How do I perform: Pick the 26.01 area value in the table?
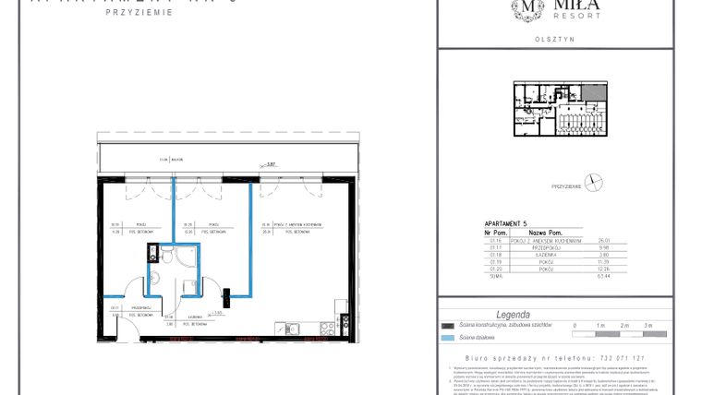point(606,240)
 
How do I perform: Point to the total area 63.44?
point(606,275)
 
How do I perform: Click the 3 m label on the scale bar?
point(648,326)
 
